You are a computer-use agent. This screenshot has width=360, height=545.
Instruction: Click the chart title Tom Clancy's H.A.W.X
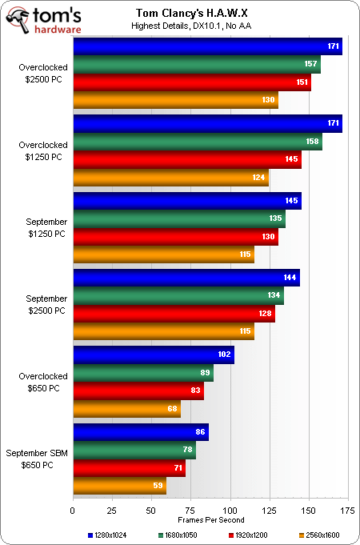193,14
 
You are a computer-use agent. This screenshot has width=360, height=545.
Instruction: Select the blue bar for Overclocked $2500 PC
208,46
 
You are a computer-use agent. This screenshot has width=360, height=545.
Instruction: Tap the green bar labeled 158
198,142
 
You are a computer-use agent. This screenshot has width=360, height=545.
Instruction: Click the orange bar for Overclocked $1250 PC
171,177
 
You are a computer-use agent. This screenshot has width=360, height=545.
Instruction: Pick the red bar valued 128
174,314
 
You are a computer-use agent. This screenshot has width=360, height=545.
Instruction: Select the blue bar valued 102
154,355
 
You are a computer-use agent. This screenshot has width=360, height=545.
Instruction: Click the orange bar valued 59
120,486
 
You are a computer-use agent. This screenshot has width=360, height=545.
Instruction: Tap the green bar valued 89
143,373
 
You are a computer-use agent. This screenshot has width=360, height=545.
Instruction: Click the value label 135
275,219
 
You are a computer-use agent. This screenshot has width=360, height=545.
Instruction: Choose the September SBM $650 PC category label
37,459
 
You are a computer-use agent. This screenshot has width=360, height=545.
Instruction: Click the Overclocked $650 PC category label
42,383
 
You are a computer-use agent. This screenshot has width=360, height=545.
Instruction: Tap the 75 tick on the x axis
190,511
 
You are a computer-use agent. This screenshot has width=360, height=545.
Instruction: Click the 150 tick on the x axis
309,511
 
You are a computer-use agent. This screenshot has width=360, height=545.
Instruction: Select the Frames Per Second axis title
211,520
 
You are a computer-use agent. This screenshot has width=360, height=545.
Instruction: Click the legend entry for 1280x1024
107,535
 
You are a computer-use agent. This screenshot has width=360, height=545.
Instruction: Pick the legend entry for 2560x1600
319,535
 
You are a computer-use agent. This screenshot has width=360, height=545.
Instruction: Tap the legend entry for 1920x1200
248,535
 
